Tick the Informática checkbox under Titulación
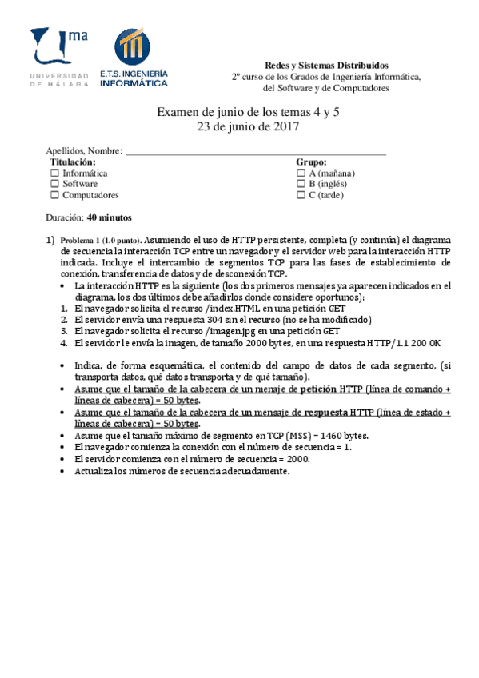(x=54, y=173)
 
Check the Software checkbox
(x=54, y=184)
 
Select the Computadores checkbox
(x=54, y=195)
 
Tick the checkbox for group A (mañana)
(x=301, y=173)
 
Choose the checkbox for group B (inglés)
(x=301, y=184)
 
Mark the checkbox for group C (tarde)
(x=301, y=195)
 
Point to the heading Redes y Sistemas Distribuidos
(x=325, y=65)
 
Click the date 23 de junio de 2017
(x=247, y=126)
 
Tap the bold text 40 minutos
(x=110, y=217)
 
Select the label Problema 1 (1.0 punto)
(x=101, y=240)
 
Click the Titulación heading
(x=73, y=162)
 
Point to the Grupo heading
(x=311, y=162)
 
